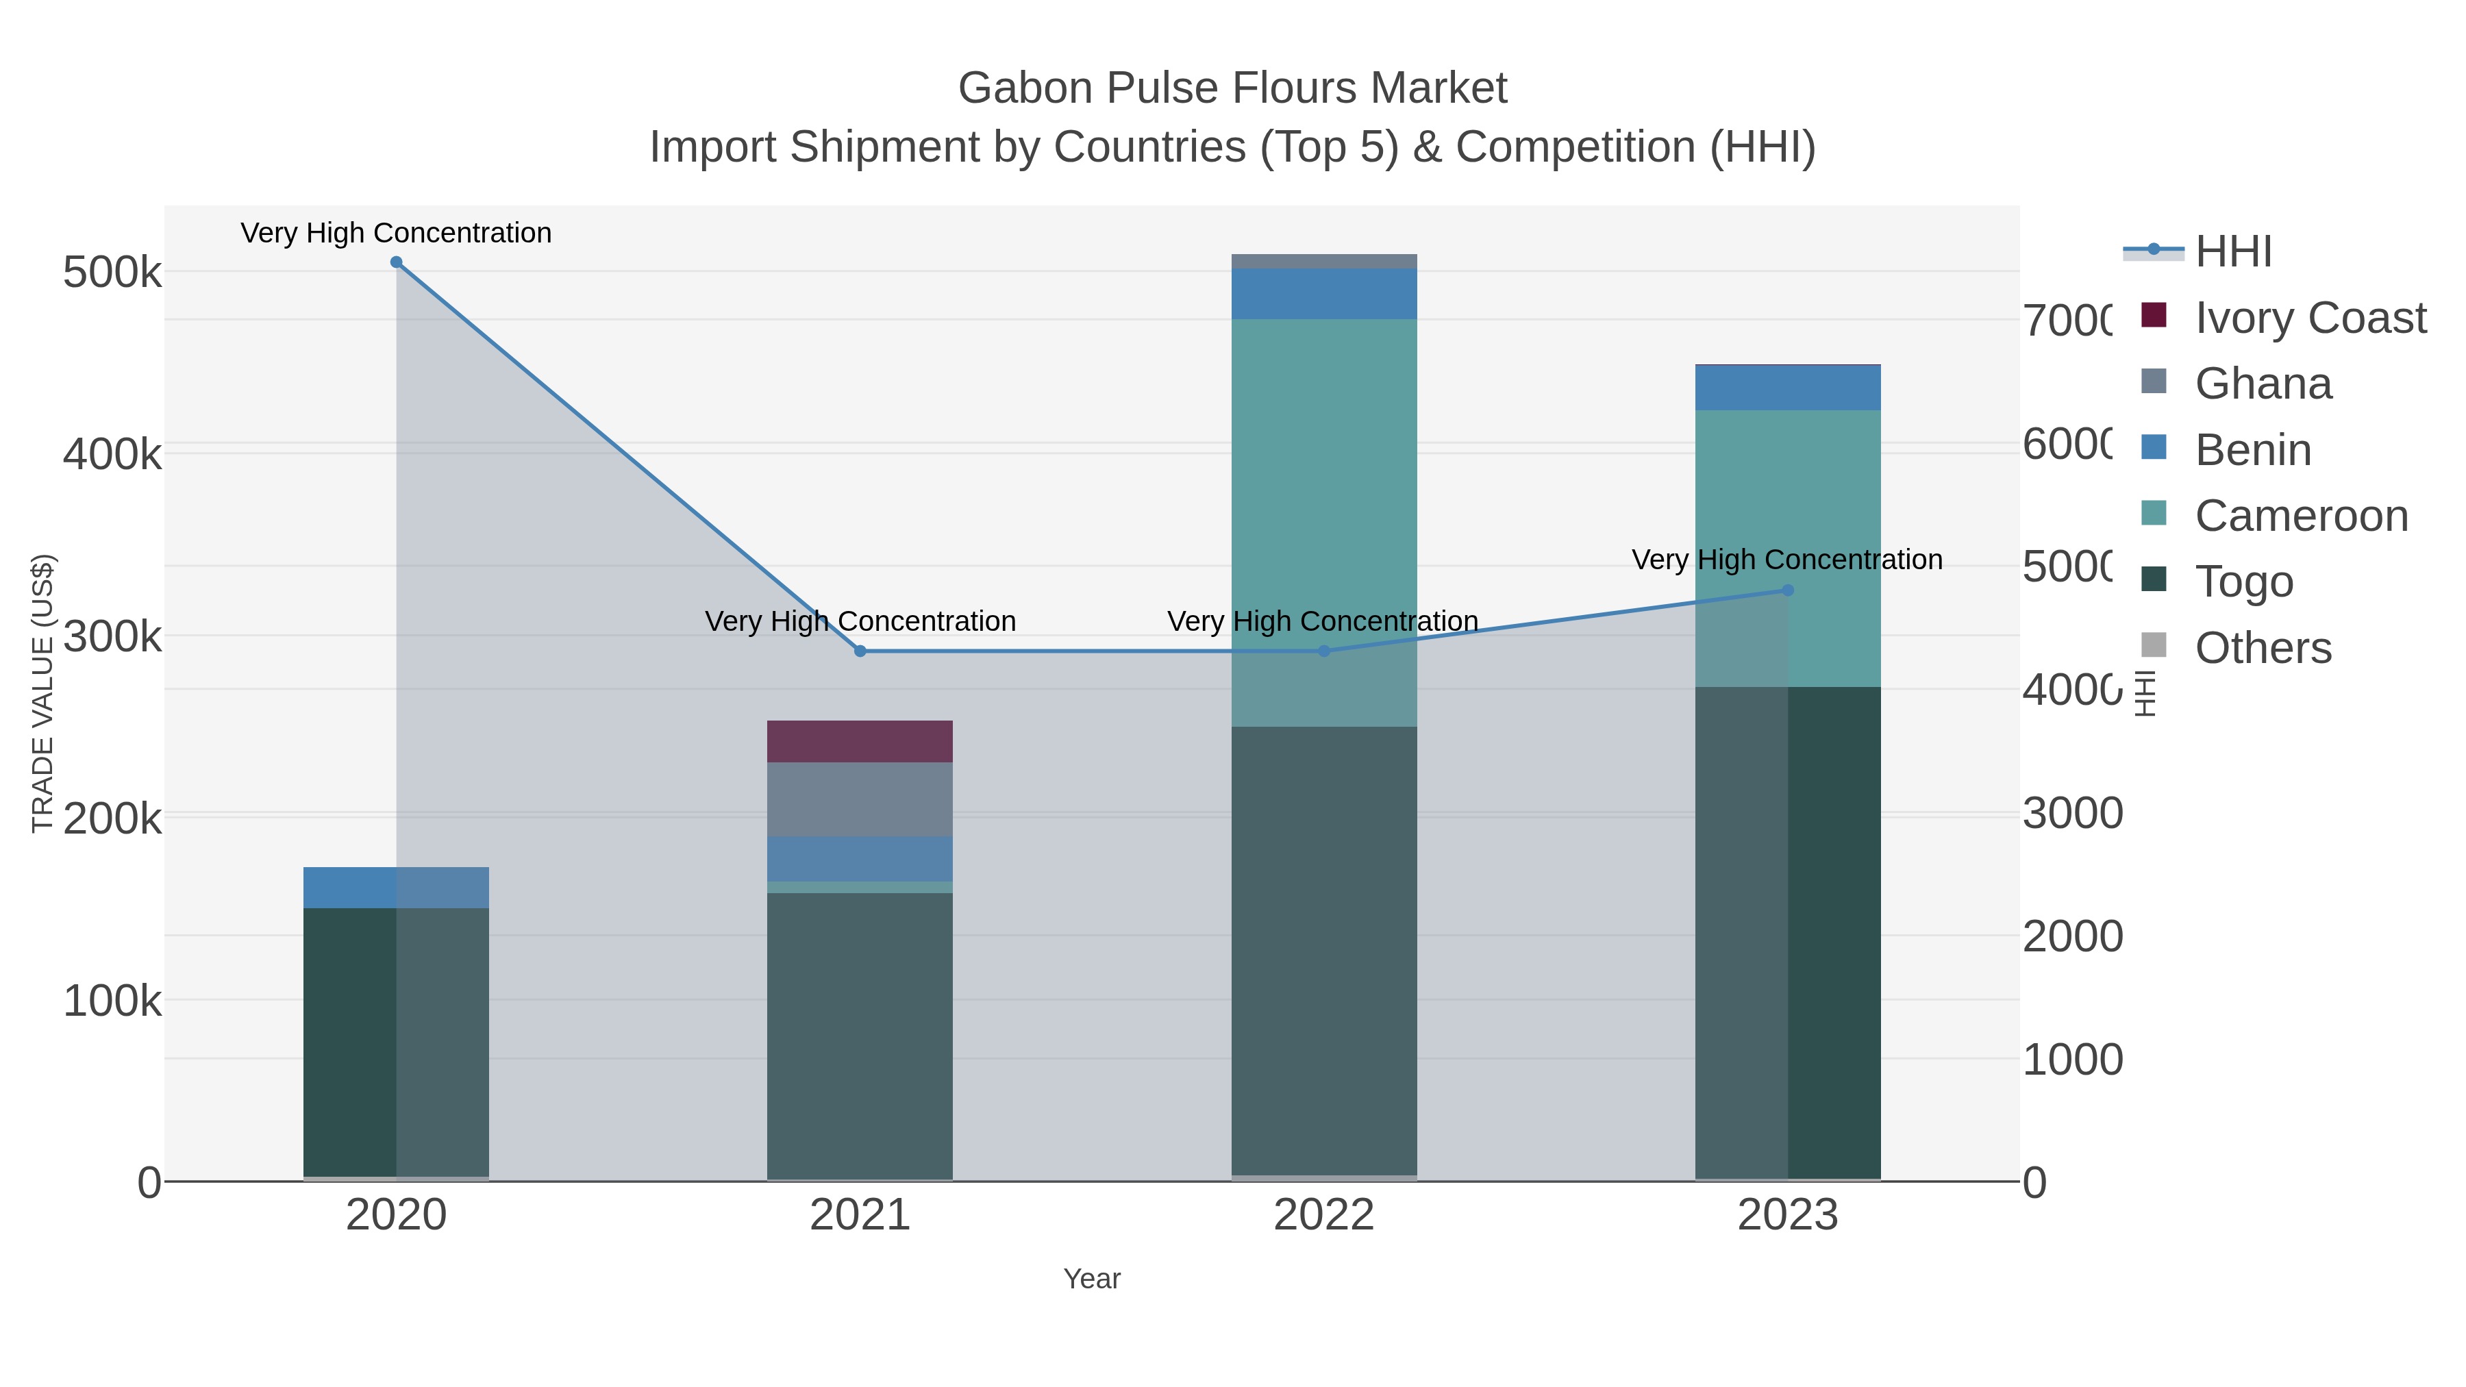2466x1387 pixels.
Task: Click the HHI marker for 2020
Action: (x=397, y=262)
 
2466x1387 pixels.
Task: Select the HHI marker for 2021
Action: (x=860, y=651)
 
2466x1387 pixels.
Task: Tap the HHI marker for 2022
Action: (x=1324, y=651)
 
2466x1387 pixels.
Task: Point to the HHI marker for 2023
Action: (x=1787, y=590)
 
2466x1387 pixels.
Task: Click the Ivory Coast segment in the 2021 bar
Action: (x=860, y=742)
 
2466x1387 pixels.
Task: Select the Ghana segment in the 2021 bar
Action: (x=860, y=799)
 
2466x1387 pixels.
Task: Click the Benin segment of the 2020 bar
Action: (x=397, y=887)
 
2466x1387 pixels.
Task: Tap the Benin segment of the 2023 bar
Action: (x=1787, y=388)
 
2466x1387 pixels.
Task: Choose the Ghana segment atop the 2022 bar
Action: (x=1324, y=262)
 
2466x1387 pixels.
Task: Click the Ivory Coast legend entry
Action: (x=2310, y=318)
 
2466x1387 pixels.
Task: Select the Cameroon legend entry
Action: (x=2300, y=516)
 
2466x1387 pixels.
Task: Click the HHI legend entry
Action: (x=2232, y=252)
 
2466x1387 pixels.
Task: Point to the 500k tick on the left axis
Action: (x=112, y=273)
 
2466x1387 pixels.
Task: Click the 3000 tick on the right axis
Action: (x=2073, y=814)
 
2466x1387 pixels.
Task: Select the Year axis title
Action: (x=1091, y=1279)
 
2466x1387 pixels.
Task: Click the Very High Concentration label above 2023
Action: (x=1786, y=560)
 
